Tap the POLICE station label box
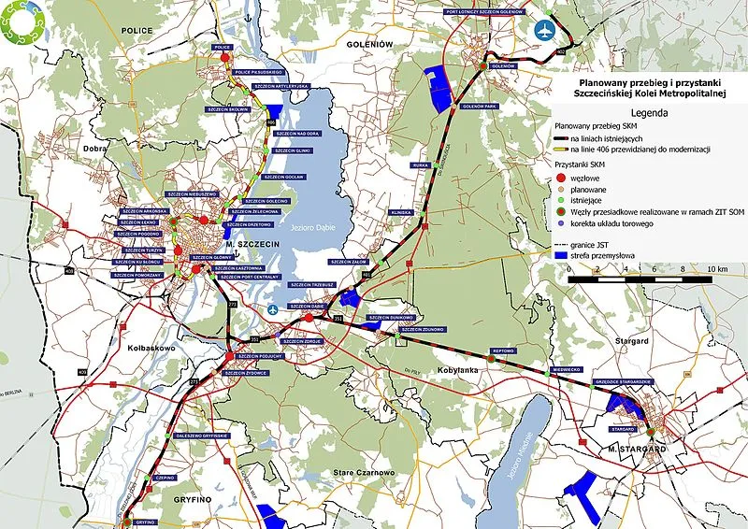click(222, 46)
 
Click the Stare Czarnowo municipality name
click(363, 474)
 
